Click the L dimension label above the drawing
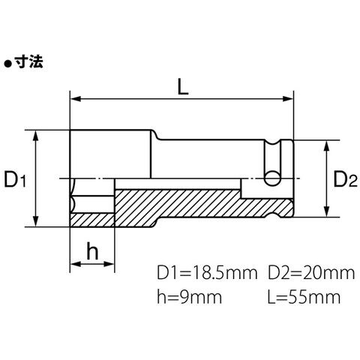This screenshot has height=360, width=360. pos(183,87)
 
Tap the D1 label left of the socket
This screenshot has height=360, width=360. pos(15,179)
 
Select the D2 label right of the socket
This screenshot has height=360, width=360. pos(346,179)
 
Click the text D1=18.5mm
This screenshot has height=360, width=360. pos(207,273)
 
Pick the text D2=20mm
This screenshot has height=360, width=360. pos(311,273)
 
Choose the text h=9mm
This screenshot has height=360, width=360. pos(189,297)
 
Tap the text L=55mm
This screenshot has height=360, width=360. pos(304,297)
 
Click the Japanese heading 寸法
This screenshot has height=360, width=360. pos(28,61)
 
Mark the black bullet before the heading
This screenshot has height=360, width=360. pos(8,64)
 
